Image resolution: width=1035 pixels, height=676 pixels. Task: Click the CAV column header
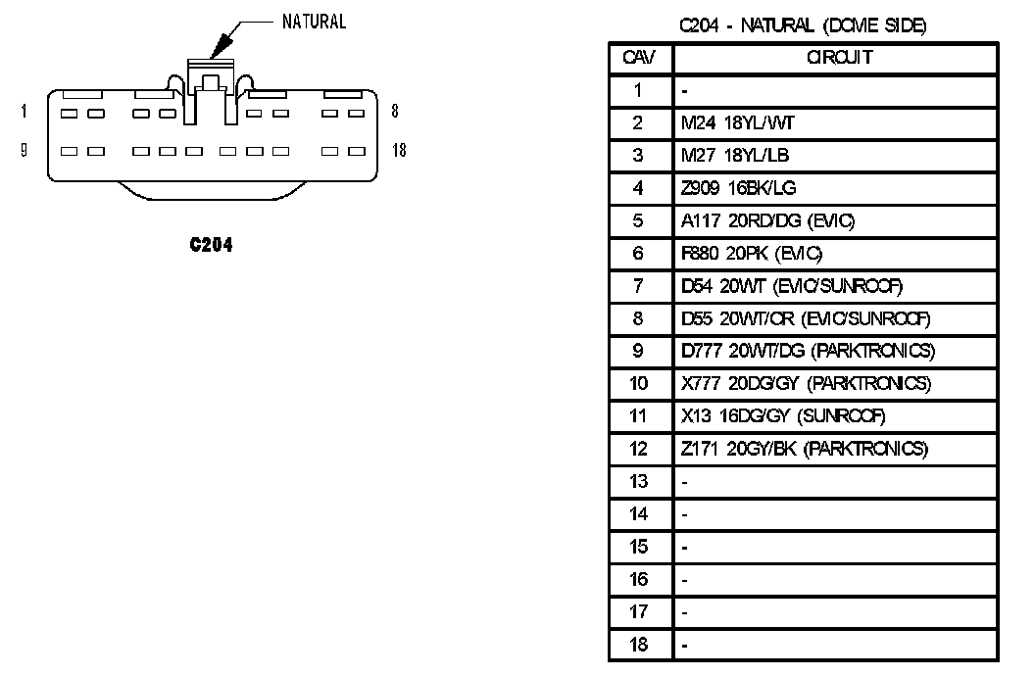click(638, 58)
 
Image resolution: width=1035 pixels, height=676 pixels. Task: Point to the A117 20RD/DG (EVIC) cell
click(761, 221)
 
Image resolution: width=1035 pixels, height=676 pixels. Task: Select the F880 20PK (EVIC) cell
click(752, 254)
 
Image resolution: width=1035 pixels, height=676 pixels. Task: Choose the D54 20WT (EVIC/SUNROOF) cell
click(791, 286)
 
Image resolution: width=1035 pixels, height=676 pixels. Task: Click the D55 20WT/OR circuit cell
click(805, 318)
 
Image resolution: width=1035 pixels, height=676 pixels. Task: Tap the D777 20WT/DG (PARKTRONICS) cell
click(808, 351)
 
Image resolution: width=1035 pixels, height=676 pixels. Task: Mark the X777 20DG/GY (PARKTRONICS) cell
click(806, 383)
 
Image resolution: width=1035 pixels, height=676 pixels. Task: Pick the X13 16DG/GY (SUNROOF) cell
click(783, 416)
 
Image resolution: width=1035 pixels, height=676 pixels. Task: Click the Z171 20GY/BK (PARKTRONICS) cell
click(804, 449)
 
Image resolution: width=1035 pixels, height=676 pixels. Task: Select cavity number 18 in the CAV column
click(638, 645)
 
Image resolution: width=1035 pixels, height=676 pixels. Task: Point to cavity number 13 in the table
click(638, 481)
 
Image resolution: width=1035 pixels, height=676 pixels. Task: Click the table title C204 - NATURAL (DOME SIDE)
click(803, 25)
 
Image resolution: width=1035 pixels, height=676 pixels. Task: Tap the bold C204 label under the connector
click(210, 245)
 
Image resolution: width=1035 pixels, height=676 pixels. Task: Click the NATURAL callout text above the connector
click(314, 22)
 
